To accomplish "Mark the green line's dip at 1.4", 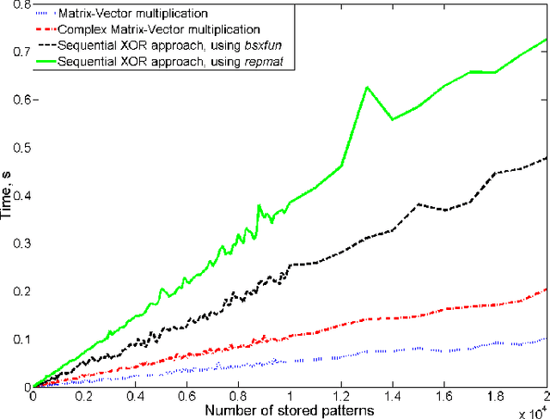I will [x=393, y=119].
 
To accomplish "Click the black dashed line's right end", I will [x=547, y=157].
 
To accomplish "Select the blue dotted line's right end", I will [x=547, y=338].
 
